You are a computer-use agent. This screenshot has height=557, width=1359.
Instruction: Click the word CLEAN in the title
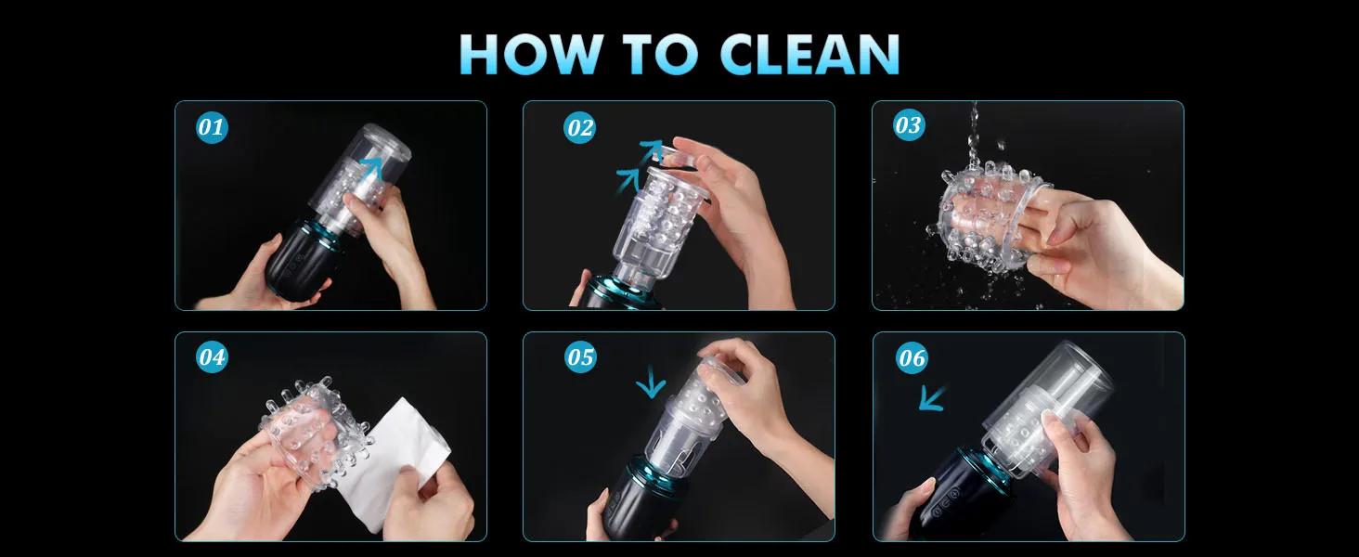click(810, 54)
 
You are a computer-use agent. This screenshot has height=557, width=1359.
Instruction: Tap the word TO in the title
click(662, 54)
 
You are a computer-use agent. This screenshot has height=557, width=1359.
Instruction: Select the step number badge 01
click(212, 127)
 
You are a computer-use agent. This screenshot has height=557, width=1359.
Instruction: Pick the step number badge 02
click(579, 128)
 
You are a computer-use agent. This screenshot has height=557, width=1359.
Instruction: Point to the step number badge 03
click(908, 125)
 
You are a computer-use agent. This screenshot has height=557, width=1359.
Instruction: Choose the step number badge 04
click(212, 356)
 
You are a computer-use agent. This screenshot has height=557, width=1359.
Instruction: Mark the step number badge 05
click(580, 356)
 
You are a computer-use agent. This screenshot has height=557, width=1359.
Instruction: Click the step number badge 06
click(912, 358)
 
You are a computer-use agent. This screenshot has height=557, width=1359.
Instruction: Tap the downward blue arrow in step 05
click(651, 382)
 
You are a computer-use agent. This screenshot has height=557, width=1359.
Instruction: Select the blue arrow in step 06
click(933, 397)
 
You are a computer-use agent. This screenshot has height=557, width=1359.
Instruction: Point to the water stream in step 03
click(975, 136)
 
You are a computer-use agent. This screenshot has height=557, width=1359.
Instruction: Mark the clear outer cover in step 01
click(360, 176)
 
